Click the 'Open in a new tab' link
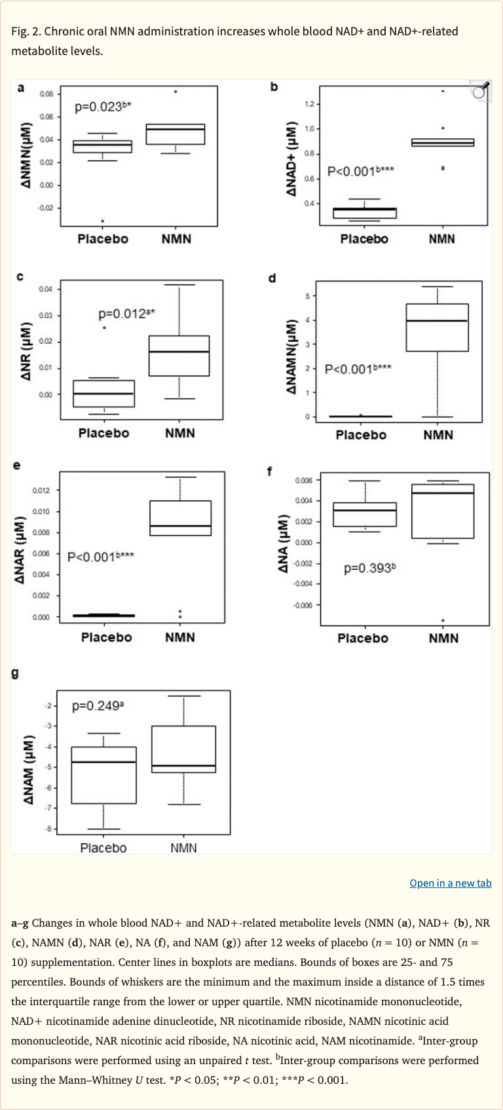click(x=450, y=883)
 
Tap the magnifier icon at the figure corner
click(x=480, y=91)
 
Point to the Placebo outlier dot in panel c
click(x=104, y=327)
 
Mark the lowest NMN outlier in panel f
click(x=443, y=620)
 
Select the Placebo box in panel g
click(x=104, y=775)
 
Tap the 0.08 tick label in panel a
click(x=46, y=94)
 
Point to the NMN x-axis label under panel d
click(x=438, y=435)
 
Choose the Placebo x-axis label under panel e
click(x=106, y=637)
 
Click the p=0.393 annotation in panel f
click(x=369, y=568)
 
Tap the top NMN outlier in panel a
click(x=176, y=92)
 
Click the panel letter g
click(x=16, y=673)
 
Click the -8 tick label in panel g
click(x=48, y=829)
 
